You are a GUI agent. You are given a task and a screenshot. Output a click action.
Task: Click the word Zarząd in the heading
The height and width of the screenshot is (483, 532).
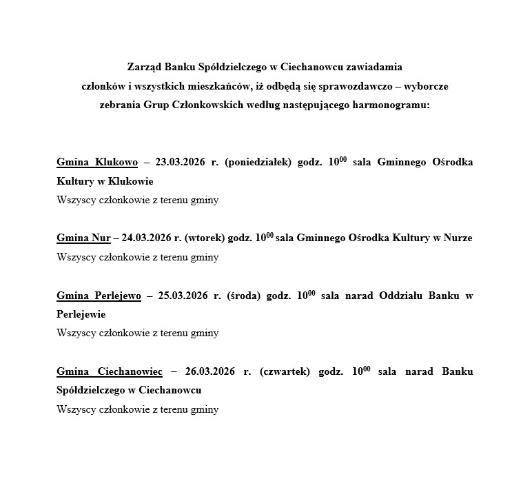point(144,68)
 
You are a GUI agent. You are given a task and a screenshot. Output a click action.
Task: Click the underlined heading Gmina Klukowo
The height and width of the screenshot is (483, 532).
point(97,162)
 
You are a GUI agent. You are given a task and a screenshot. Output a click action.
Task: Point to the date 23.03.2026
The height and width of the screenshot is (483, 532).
point(181,162)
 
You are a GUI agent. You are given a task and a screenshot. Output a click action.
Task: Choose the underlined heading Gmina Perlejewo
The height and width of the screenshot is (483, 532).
point(99,296)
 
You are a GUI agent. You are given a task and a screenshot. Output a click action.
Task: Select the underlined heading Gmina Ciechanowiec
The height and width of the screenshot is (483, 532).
point(110,371)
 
